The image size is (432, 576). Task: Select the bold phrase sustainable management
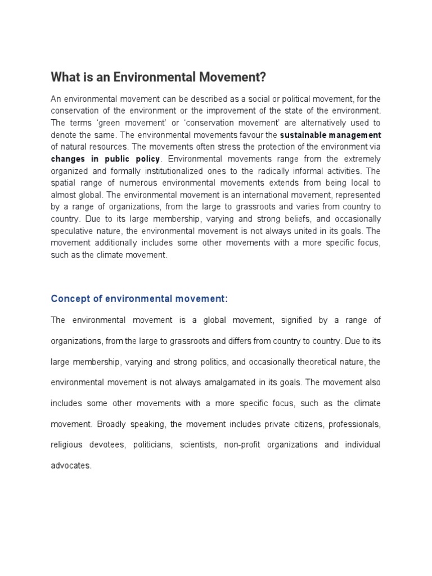[x=331, y=135]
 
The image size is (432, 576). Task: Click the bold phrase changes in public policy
[x=105, y=159]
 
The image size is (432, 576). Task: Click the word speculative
[x=74, y=231]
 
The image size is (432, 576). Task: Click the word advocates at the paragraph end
[x=70, y=466]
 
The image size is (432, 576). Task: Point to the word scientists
[x=197, y=445]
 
